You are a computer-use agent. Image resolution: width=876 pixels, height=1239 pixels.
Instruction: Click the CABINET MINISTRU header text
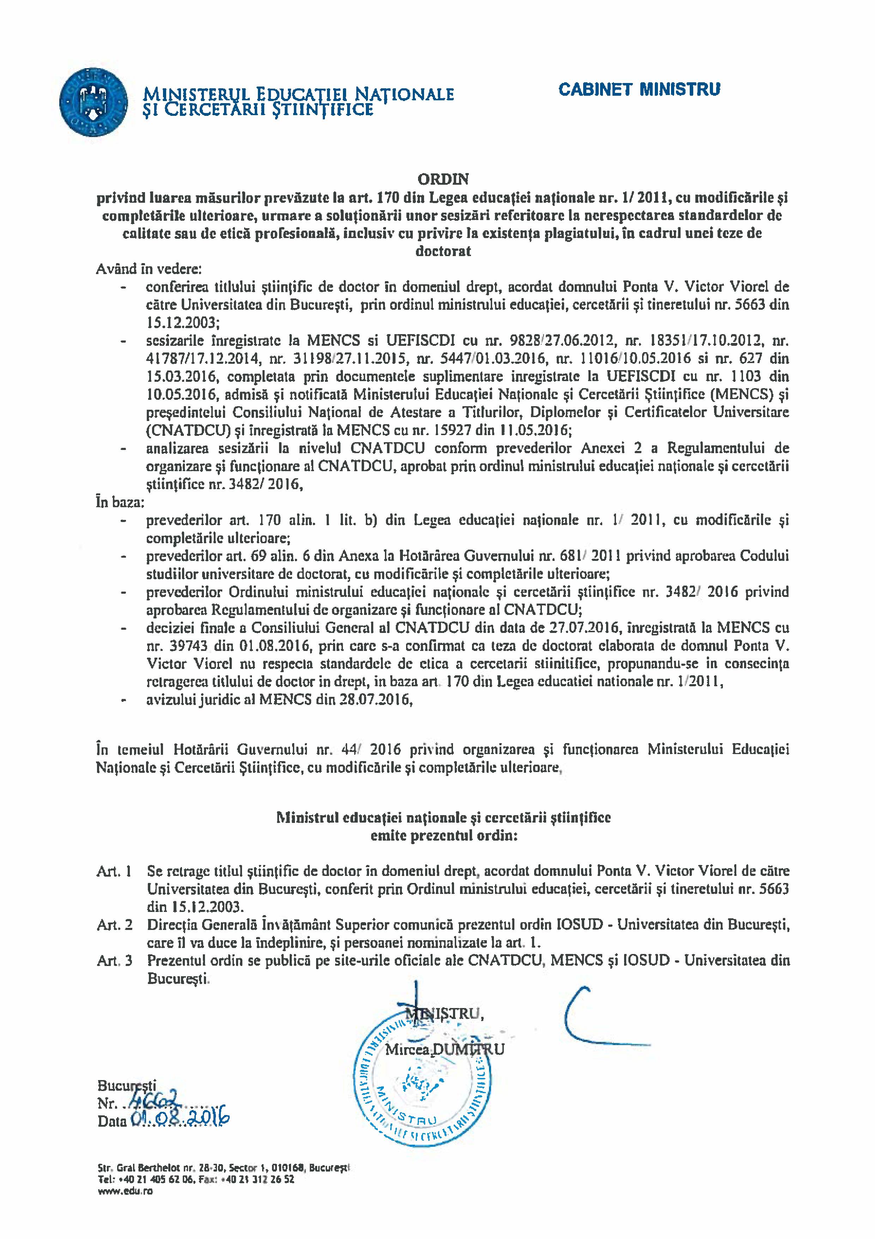[639, 90]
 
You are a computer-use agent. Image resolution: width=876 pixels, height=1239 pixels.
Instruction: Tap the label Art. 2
[114, 925]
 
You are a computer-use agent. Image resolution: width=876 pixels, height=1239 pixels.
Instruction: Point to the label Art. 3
[114, 960]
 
